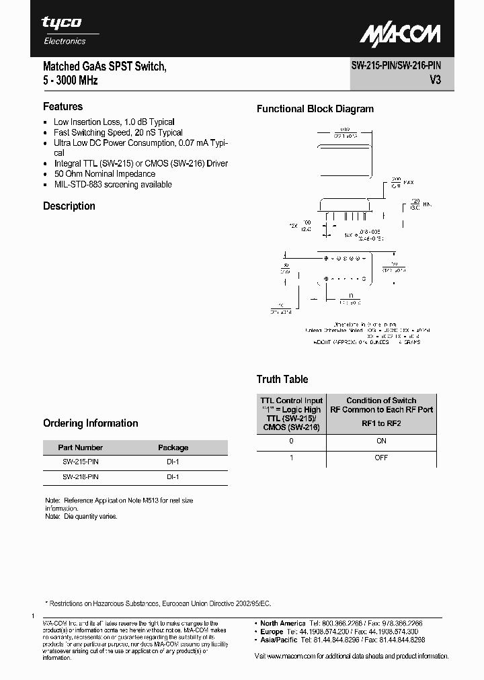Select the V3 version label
(x=435, y=80)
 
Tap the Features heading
(x=63, y=106)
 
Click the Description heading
(x=69, y=206)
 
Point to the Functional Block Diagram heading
(x=315, y=109)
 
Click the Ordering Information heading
(x=91, y=423)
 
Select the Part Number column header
(x=81, y=448)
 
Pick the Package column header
(x=173, y=448)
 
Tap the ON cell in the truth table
(x=381, y=441)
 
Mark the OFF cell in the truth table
(x=381, y=458)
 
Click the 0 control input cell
(x=291, y=441)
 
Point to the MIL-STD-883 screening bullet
(x=112, y=184)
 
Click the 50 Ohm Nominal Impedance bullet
(x=104, y=173)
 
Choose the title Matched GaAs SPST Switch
(x=104, y=67)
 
